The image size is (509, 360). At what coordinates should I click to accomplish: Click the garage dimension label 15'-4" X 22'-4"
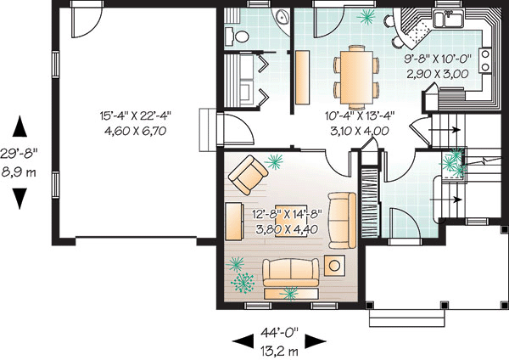tap(135, 115)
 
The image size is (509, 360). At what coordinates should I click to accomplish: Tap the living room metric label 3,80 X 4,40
tap(287, 230)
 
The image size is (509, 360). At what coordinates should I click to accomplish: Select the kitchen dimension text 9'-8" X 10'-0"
tap(438, 59)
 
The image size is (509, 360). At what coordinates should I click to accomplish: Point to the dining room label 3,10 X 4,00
tap(360, 132)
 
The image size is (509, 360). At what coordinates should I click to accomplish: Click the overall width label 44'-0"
tap(279, 333)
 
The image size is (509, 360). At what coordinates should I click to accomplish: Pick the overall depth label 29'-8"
tap(19, 154)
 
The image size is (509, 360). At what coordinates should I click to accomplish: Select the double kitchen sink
tap(448, 19)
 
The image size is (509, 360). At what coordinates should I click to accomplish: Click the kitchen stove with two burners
tap(485, 62)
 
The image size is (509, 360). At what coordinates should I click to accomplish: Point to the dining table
tap(356, 76)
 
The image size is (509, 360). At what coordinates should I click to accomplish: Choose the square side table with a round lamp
tap(334, 265)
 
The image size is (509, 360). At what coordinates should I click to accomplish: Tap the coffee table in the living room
tap(291, 222)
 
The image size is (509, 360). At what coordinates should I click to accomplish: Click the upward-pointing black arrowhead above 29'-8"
tap(20, 126)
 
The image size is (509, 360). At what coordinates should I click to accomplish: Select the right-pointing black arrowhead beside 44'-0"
tap(315, 340)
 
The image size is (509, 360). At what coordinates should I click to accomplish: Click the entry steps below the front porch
tap(406, 318)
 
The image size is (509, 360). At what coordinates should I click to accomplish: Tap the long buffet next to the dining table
tap(302, 77)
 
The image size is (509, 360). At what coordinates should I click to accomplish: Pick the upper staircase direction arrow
tap(444, 130)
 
